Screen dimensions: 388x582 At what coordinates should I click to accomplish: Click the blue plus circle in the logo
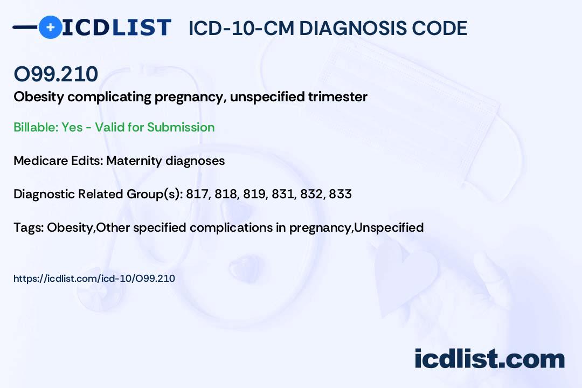[50, 27]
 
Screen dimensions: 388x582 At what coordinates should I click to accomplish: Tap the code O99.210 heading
[56, 74]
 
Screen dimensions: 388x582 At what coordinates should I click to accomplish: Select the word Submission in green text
[181, 127]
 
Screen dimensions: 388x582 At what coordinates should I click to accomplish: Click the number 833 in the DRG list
[340, 194]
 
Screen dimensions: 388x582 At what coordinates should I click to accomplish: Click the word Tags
[27, 227]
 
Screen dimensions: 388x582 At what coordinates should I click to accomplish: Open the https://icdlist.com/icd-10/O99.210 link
[94, 279]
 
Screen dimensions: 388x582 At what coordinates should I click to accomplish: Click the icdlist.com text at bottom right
[489, 358]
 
